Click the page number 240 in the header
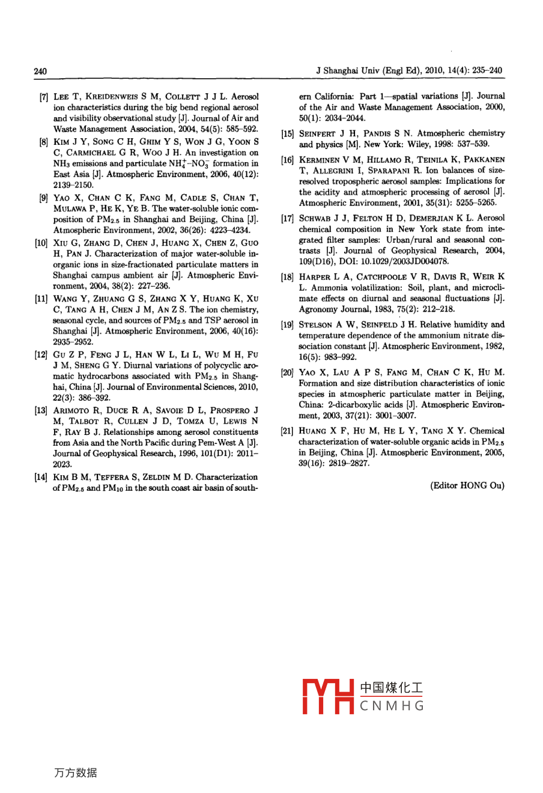click(40, 71)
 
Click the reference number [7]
click(44, 97)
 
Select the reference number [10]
click(41, 243)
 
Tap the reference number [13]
click(41, 411)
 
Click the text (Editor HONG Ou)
click(467, 485)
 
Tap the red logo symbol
click(327, 697)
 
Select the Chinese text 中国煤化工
click(391, 688)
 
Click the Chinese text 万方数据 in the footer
click(75, 773)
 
